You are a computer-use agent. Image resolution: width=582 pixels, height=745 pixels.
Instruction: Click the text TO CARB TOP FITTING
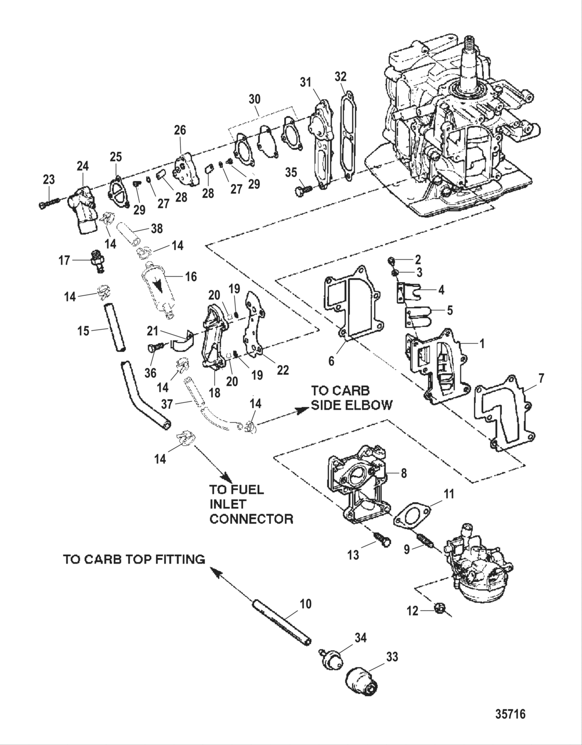click(134, 559)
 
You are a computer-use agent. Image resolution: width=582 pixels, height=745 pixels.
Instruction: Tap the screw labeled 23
click(46, 203)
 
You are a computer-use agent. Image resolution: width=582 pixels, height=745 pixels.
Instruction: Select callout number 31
click(306, 82)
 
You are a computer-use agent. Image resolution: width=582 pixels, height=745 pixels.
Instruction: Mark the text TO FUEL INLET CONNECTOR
click(251, 504)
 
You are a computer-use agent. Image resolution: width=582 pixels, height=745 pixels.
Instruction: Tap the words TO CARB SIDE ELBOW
click(351, 398)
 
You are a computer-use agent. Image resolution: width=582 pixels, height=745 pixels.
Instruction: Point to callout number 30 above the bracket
click(255, 99)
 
